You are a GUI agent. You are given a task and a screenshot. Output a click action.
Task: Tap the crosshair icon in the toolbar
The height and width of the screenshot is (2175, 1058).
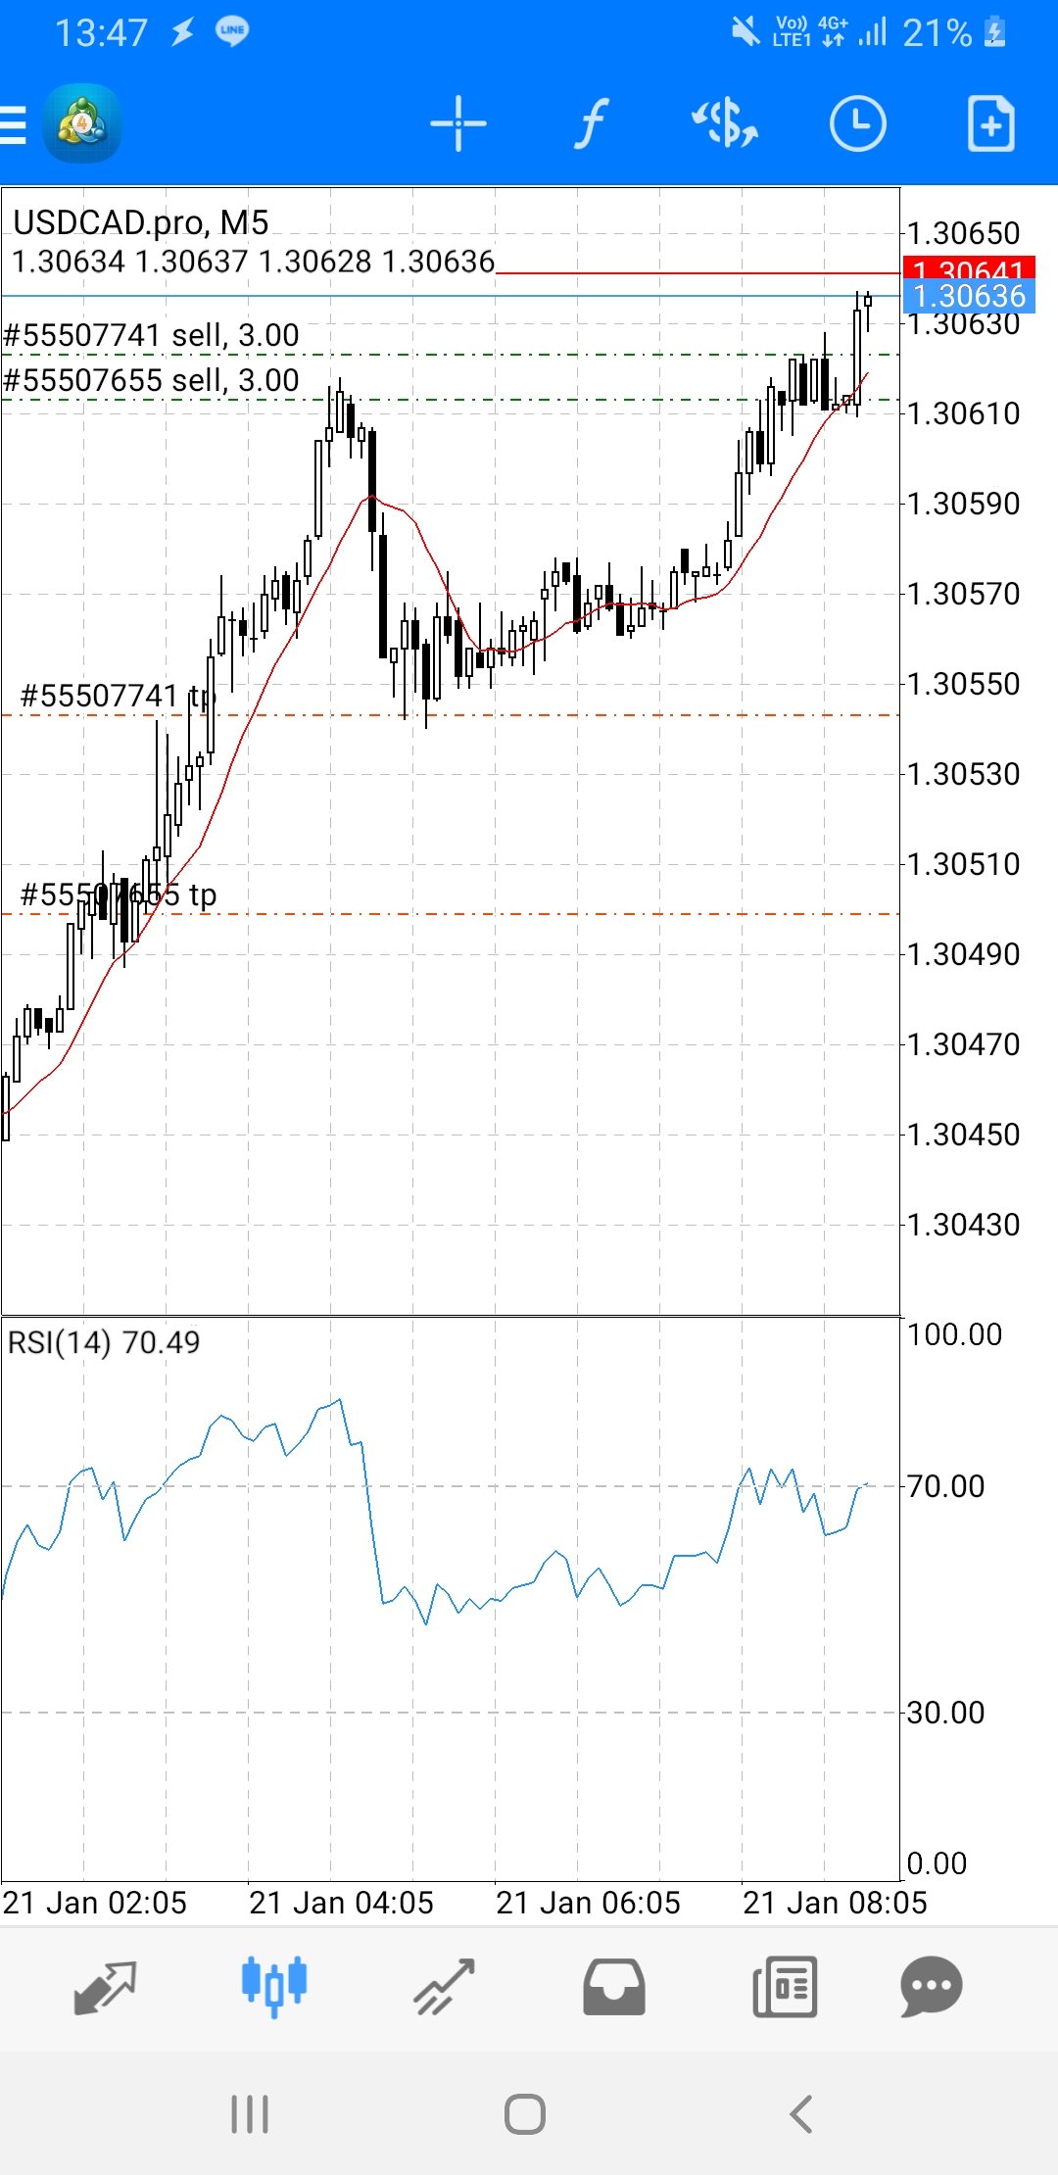point(457,124)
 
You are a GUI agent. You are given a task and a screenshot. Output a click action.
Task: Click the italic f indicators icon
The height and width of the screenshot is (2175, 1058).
point(591,124)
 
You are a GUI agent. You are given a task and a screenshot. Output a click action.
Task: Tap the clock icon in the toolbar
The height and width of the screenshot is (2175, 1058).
point(857,124)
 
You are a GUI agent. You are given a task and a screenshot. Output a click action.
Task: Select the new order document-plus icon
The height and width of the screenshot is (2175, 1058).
point(990,124)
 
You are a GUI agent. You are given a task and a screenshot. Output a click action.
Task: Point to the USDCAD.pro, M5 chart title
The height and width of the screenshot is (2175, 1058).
point(141,223)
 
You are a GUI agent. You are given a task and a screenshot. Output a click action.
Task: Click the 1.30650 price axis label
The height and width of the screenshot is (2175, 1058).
point(964,233)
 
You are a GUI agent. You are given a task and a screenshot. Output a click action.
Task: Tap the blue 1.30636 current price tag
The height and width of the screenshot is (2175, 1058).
point(969,296)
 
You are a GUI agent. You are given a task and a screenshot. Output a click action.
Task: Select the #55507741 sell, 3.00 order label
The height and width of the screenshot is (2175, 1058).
point(152,335)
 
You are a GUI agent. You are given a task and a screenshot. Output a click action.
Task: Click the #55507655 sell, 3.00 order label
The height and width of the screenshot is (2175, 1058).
point(152,380)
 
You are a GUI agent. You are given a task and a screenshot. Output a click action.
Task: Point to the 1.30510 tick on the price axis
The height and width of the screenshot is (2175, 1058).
point(964,864)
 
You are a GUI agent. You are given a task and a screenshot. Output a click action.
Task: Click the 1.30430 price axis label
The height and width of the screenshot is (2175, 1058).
point(964,1225)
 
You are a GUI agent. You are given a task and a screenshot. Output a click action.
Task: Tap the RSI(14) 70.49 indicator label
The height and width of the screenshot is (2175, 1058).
point(104,1342)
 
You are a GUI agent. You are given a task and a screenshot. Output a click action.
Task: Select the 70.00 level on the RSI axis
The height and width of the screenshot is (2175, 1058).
point(946,1486)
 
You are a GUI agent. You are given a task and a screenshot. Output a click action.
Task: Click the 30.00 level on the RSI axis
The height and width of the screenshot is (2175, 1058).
point(946,1713)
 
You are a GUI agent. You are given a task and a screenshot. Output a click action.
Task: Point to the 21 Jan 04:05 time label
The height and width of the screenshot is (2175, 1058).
point(341,1903)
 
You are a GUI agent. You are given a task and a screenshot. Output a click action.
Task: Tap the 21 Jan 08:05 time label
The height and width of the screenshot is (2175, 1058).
point(835,1903)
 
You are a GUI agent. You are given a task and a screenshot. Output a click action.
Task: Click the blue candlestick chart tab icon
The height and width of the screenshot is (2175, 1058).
point(274,1985)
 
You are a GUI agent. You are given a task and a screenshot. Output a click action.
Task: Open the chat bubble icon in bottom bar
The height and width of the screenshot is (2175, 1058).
point(931,1986)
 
